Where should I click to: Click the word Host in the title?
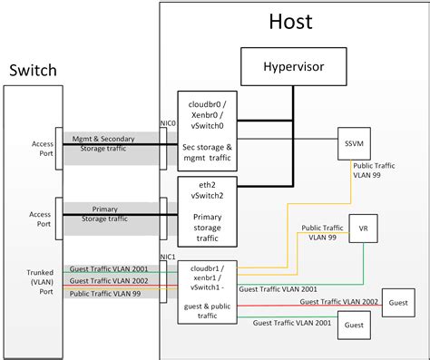[x=292, y=23]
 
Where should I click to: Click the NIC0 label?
[x=168, y=122]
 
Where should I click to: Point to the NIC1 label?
[x=168, y=257]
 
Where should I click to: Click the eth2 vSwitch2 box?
[x=210, y=211]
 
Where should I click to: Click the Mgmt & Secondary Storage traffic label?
[x=108, y=145]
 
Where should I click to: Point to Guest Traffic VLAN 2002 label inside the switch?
[x=110, y=281]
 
